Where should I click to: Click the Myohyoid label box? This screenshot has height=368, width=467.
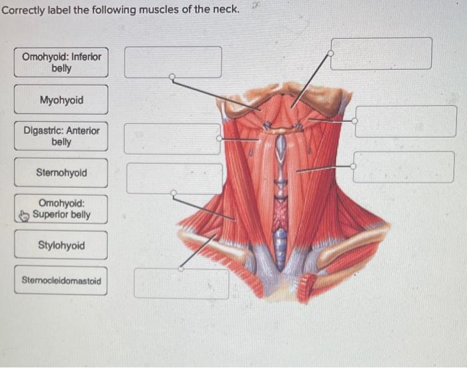(61, 100)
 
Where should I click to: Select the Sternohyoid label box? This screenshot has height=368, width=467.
(61, 173)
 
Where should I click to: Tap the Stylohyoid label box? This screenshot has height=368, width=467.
(61, 245)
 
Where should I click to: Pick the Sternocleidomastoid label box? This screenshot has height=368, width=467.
(61, 281)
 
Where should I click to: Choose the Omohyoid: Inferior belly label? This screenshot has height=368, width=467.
(61, 63)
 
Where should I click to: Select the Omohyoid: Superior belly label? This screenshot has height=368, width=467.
(61, 209)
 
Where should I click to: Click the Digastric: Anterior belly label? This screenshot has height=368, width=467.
(61, 137)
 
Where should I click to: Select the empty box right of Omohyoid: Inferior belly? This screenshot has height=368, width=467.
(173, 61)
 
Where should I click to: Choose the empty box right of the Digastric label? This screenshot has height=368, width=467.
(173, 139)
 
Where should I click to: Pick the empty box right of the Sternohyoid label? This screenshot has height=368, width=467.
(173, 178)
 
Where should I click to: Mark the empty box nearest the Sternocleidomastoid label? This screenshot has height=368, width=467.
(181, 283)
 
